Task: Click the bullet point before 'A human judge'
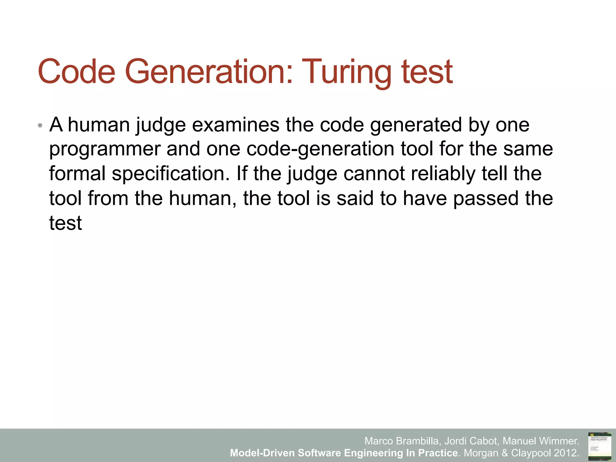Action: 40,125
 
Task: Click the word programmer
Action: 105,149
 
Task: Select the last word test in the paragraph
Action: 66,223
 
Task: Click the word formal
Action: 77,174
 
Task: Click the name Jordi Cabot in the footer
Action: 471,441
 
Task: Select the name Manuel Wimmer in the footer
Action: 541,441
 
